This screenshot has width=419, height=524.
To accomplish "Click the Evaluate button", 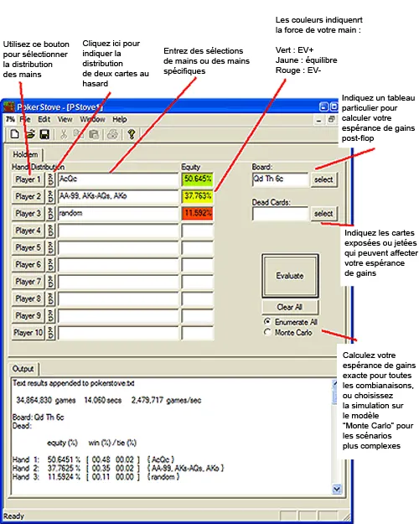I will [x=290, y=275].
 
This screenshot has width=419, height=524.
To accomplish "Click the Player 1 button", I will [x=28, y=179].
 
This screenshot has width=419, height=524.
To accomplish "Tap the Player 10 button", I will [x=28, y=333].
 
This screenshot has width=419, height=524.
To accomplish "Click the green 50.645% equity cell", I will [x=197, y=179].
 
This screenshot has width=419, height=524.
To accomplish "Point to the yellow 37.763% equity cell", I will [x=197, y=196].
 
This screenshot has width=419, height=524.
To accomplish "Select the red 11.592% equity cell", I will [x=197, y=214].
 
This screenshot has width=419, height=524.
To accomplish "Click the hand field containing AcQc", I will [x=117, y=179].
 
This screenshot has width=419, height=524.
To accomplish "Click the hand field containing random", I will [x=117, y=214].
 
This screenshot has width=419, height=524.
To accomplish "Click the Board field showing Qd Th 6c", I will [x=280, y=179].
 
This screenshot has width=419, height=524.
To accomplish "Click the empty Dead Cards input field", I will [x=280, y=214].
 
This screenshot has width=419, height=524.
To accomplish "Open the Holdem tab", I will [x=24, y=154].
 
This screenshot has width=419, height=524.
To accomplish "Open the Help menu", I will [x=120, y=119].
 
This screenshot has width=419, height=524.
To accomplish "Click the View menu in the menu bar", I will [x=65, y=119].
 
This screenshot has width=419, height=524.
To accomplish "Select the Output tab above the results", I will [x=23, y=368].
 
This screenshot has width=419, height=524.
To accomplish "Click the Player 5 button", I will [x=28, y=247].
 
